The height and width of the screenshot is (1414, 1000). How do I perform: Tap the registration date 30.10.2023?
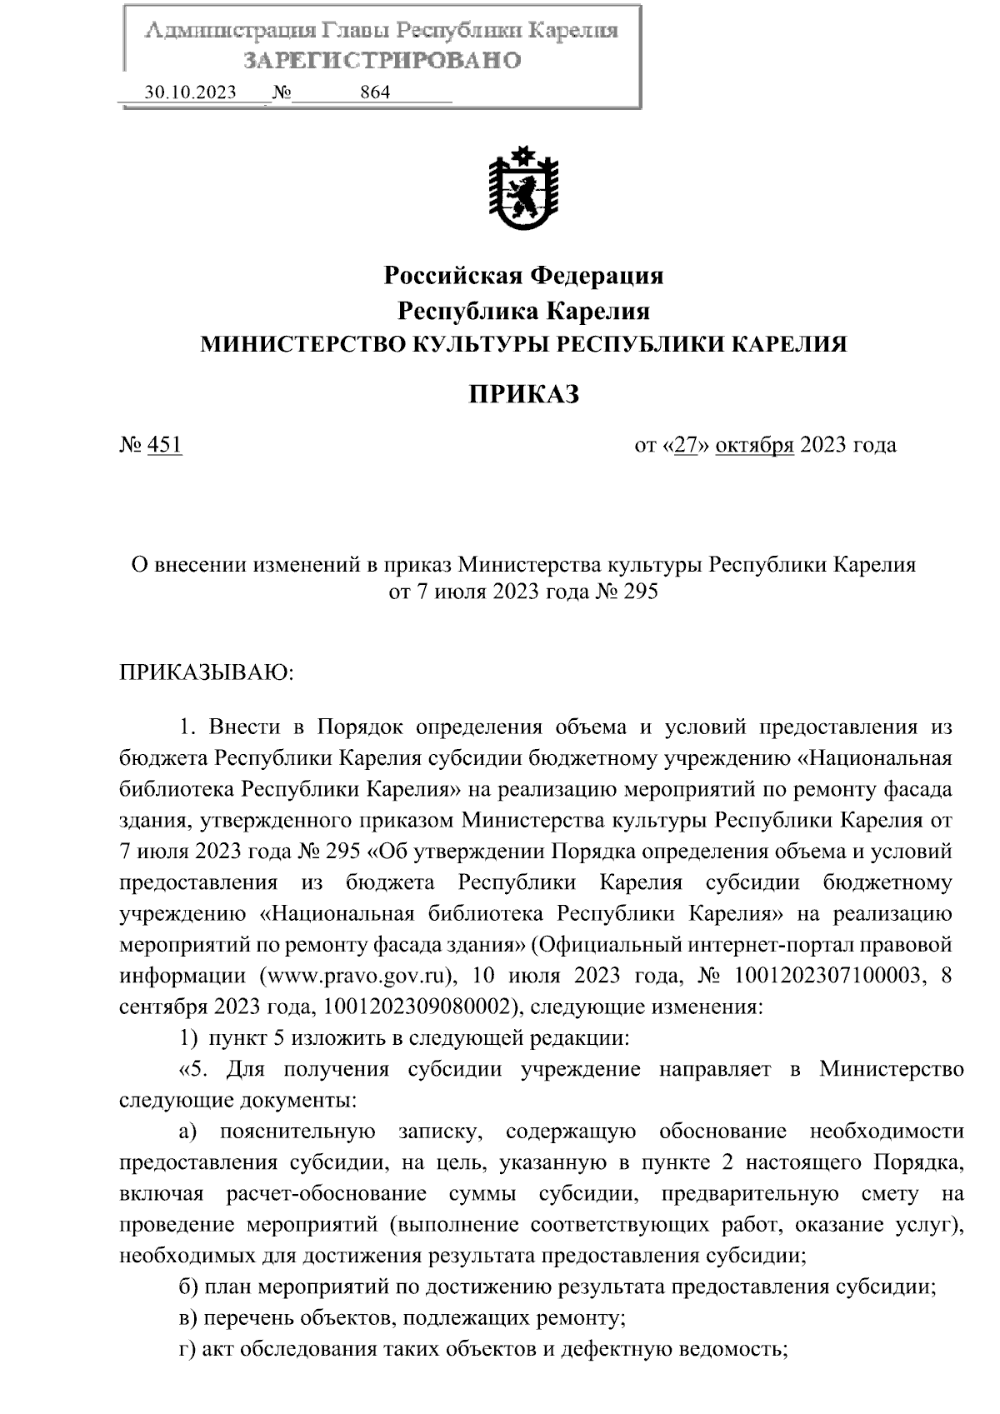point(190,92)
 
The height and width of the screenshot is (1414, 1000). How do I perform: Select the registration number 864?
point(375,92)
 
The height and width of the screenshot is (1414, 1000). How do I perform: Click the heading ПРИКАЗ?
point(523,394)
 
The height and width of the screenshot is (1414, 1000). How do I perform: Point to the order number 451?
point(164,445)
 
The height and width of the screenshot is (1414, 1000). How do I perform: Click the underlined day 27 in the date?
point(685,445)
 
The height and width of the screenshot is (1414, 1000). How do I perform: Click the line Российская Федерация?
point(523,275)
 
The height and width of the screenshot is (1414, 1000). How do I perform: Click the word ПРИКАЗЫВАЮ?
point(207,672)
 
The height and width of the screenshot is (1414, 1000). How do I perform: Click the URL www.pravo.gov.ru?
point(360,975)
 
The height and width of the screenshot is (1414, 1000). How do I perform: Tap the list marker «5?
point(191,1069)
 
